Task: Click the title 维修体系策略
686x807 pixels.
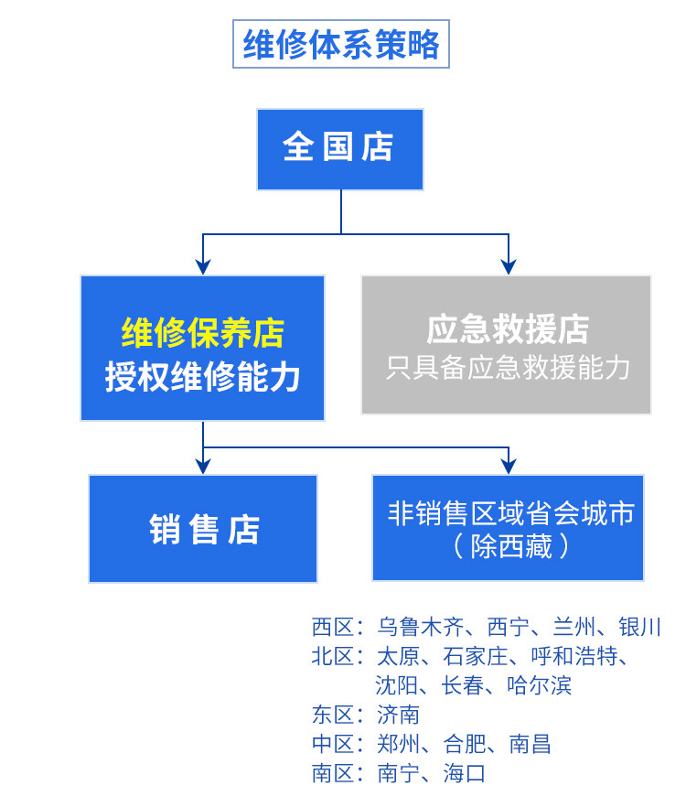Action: pyautogui.click(x=341, y=44)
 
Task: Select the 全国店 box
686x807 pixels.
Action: pyautogui.click(x=340, y=149)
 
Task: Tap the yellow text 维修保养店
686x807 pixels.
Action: pyautogui.click(x=203, y=332)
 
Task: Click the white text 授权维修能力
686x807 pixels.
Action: pyautogui.click(x=203, y=377)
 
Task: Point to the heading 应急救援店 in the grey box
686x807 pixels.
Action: pyautogui.click(x=508, y=329)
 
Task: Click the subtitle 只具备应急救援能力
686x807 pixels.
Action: pyautogui.click(x=508, y=368)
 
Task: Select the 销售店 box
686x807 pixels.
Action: pyautogui.click(x=203, y=529)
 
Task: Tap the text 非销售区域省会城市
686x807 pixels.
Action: pyautogui.click(x=510, y=513)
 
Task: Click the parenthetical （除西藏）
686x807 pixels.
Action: pyautogui.click(x=510, y=546)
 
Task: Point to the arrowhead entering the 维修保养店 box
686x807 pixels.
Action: pyautogui.click(x=203, y=266)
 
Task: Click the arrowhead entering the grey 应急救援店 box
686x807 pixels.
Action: pyautogui.click(x=509, y=266)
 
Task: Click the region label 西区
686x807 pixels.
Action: pyautogui.click(x=333, y=627)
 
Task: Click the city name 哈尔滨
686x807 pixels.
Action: pyautogui.click(x=539, y=685)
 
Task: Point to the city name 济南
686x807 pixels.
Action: pyautogui.click(x=398, y=715)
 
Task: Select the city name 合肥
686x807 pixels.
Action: pyautogui.click(x=465, y=744)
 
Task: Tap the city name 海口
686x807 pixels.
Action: pyautogui.click(x=465, y=773)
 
